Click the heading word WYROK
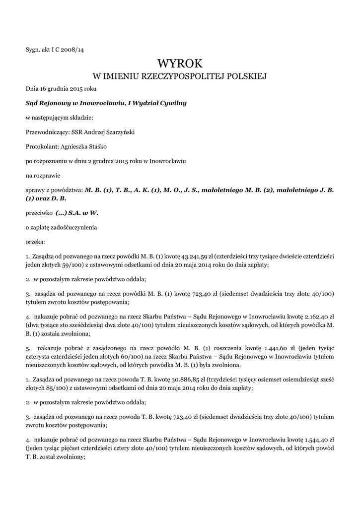pos(180,63)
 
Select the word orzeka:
pos(35,242)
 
